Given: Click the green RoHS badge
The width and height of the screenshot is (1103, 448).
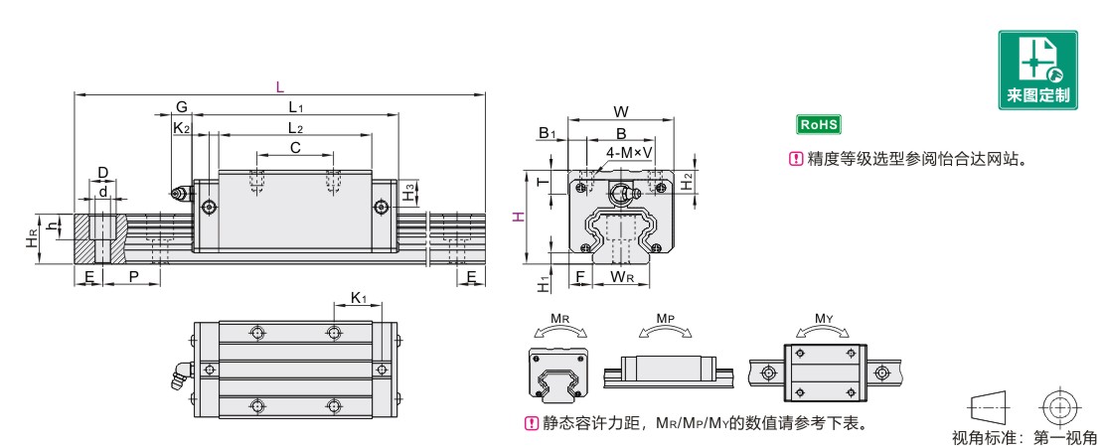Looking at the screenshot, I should (x=820, y=125).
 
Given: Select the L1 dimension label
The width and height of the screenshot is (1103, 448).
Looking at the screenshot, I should (x=295, y=106).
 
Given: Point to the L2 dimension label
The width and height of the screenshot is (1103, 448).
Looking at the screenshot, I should (x=294, y=127).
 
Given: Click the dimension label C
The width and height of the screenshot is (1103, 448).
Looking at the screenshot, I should (x=295, y=147).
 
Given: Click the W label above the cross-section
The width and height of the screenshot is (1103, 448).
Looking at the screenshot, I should (x=622, y=111).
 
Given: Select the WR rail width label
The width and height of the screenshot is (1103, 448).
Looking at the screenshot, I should (x=623, y=275).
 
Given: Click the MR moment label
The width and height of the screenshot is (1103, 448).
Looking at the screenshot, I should (x=558, y=320).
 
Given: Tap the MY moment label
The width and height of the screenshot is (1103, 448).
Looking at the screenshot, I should (x=823, y=320).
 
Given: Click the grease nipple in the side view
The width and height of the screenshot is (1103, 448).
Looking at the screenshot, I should (x=180, y=194).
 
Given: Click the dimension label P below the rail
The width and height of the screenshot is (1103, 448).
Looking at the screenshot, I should (x=133, y=275).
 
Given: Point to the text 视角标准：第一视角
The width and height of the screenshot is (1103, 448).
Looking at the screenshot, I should (x=1024, y=438).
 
